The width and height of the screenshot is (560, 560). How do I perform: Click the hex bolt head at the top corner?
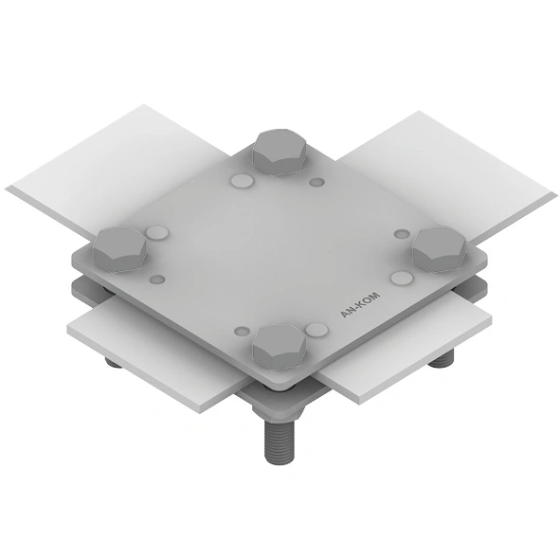tap(280, 153)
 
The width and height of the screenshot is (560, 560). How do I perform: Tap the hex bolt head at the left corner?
tap(119, 248)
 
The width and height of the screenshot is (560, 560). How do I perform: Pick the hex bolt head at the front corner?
tap(280, 347)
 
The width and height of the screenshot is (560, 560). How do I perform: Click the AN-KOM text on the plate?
tap(360, 305)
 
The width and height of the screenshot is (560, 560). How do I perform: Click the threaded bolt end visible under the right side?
tap(441, 359)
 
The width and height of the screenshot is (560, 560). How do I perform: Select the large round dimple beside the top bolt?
tap(243, 181)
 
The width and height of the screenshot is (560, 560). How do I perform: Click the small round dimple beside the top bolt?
tap(316, 182)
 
